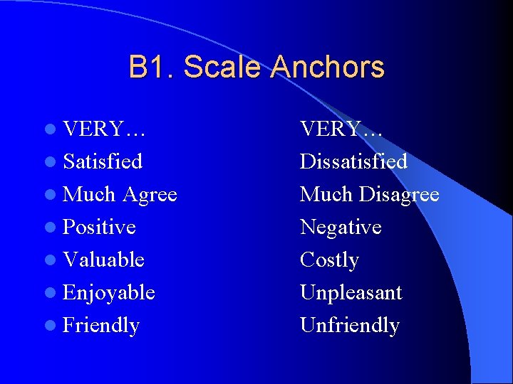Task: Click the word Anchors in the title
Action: [328, 68]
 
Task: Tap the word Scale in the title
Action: [223, 68]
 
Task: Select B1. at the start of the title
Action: [152, 68]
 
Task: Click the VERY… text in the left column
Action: [104, 129]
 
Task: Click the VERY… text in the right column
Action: [341, 129]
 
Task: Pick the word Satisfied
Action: [103, 161]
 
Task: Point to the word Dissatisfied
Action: [353, 161]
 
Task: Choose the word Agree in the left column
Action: [150, 194]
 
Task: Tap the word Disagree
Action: [399, 194]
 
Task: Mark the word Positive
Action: [99, 227]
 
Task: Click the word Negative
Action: [341, 227]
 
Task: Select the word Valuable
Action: [103, 260]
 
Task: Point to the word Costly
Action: [329, 260]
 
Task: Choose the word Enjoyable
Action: [109, 293]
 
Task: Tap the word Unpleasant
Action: [351, 293]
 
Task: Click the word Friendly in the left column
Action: [101, 326]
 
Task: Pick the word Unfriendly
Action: [350, 326]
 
